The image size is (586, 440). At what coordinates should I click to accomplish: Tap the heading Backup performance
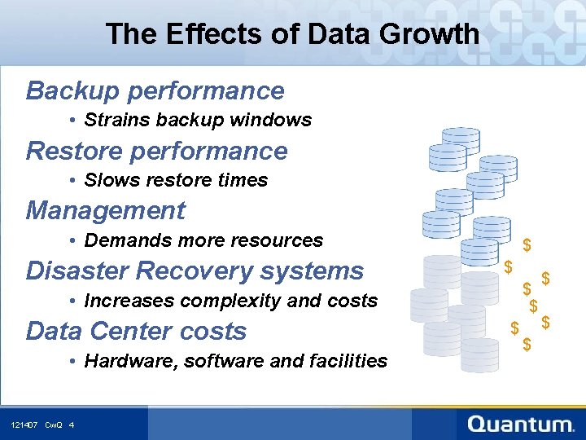coord(155,90)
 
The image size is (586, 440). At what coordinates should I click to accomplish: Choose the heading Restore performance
coord(156,151)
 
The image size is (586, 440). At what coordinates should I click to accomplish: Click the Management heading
coord(106,211)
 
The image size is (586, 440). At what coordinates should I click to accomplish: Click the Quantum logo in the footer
coord(521,424)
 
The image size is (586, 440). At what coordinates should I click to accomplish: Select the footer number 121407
coord(24,425)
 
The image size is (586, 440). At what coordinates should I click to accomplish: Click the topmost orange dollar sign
coord(527,244)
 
